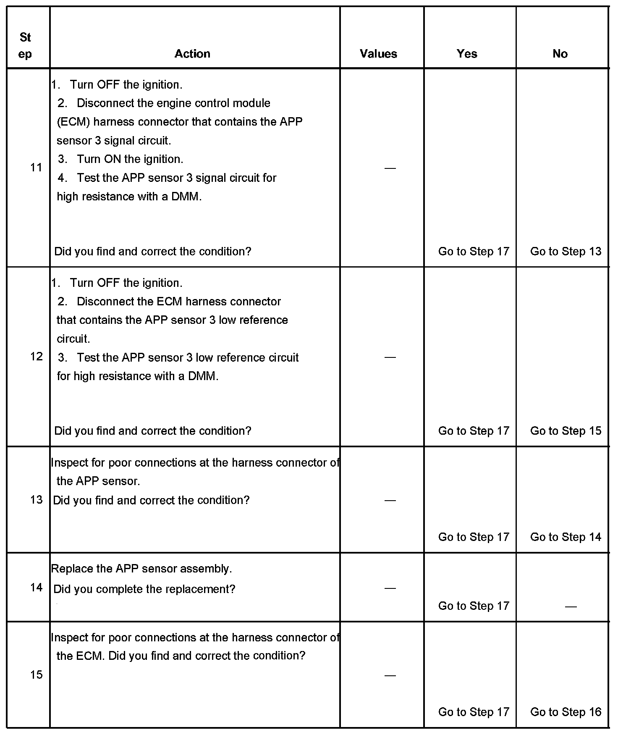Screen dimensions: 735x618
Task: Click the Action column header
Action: click(x=192, y=54)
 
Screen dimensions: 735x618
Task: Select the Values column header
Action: click(x=378, y=54)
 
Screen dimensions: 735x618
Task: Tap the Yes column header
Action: click(x=467, y=54)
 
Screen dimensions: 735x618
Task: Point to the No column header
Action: click(x=560, y=54)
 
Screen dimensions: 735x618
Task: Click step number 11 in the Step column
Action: click(x=37, y=168)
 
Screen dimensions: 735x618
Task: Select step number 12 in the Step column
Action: click(x=37, y=357)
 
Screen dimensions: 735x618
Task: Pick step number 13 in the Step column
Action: click(x=37, y=500)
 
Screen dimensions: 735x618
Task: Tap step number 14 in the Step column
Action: click(x=37, y=588)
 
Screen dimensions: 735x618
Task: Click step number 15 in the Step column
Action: click(x=37, y=675)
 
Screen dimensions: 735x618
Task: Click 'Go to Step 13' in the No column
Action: click(x=566, y=252)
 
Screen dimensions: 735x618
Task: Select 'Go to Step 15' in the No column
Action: click(x=566, y=431)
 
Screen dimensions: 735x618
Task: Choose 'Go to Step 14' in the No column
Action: click(x=566, y=537)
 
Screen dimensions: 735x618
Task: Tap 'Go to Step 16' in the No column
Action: click(x=566, y=712)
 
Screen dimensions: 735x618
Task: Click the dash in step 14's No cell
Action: click(x=571, y=606)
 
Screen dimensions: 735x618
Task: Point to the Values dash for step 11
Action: click(x=390, y=168)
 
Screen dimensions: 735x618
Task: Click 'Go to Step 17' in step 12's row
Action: click(x=474, y=431)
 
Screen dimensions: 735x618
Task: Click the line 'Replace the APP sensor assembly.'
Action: click(x=141, y=569)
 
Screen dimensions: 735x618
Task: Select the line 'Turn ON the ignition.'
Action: click(x=130, y=159)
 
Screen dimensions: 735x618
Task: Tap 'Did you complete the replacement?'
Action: click(x=144, y=589)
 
